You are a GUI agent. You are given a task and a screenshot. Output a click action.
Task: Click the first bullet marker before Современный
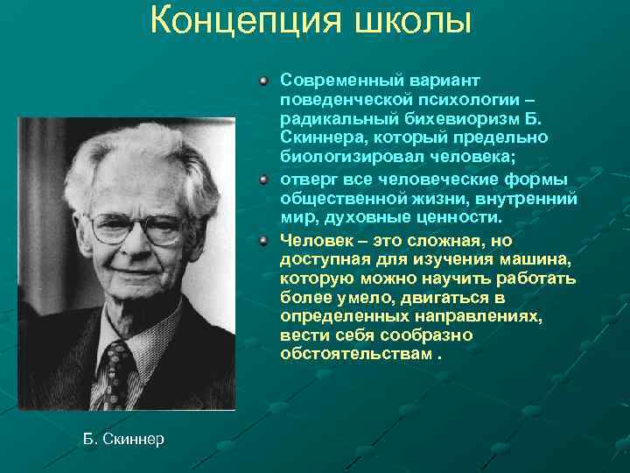(264, 81)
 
